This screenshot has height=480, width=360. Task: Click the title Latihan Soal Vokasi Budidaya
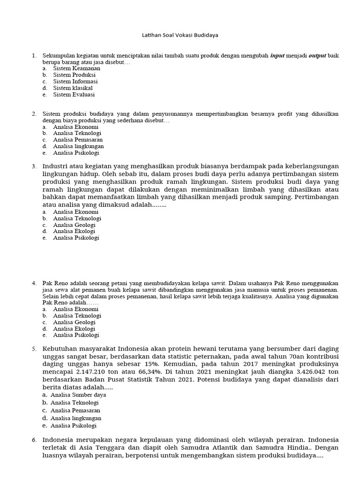coord(180,35)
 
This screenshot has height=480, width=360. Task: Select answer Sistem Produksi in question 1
coord(74,75)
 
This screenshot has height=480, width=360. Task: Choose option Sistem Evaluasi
coord(74,95)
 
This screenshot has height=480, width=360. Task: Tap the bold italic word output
coord(317,56)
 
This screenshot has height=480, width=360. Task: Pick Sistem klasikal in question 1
coord(73,88)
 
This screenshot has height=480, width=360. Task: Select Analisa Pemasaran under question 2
coord(78,140)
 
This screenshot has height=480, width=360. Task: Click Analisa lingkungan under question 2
coord(78,146)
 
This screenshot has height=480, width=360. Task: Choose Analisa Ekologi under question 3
coord(74,231)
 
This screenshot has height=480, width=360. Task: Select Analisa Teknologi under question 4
coord(77,315)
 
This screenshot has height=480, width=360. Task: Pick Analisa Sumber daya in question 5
coord(78,395)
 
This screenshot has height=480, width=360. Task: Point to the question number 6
coord(34,440)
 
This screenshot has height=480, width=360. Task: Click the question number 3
coord(34,166)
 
